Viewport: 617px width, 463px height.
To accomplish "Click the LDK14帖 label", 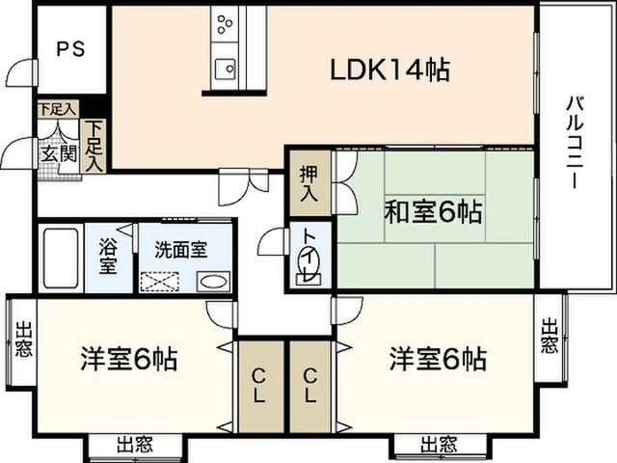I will [x=391, y=69].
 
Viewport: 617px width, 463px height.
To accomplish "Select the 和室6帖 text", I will [x=434, y=210].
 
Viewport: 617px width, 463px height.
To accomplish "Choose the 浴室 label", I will [x=109, y=256].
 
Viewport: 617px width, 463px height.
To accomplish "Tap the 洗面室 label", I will [x=181, y=250].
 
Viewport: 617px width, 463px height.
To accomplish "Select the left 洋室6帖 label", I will [x=127, y=360].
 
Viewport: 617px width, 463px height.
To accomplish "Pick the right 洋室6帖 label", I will [x=437, y=360].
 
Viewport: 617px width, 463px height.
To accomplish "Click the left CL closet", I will [x=260, y=385].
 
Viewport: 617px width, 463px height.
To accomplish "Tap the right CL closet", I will [x=310, y=385].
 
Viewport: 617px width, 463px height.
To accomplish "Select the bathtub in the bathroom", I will [x=61, y=258].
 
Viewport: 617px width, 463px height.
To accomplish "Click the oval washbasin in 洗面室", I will [x=213, y=282].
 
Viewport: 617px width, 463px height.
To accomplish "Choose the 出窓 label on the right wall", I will [x=550, y=335].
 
